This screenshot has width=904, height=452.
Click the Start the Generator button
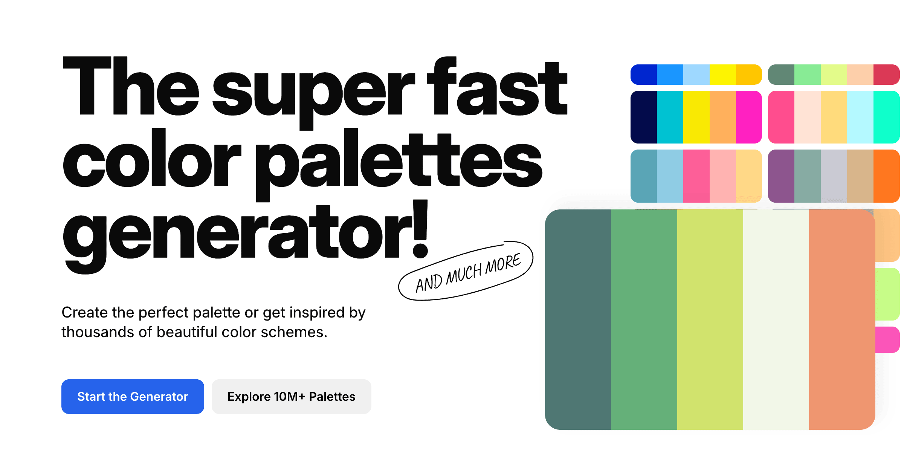tap(133, 397)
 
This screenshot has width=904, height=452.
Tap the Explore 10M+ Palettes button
tap(291, 397)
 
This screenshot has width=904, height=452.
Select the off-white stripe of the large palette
tap(776, 319)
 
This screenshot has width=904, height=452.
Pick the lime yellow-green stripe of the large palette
tap(710, 319)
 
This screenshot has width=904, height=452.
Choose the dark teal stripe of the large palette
tap(578, 319)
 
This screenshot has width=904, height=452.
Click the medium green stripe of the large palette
tap(644, 319)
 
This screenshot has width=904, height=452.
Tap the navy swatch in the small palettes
tap(644, 117)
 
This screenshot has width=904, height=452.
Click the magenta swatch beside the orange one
tap(749, 117)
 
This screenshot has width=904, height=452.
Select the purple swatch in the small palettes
tap(781, 176)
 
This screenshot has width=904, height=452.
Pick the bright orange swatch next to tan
tap(887, 176)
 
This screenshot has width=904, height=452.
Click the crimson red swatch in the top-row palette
tap(887, 75)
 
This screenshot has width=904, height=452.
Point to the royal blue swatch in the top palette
tap(644, 75)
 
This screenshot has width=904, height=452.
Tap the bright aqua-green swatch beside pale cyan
tap(887, 117)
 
